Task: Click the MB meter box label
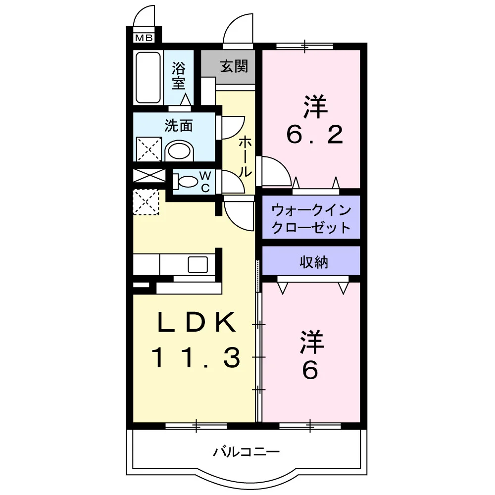pyautogui.click(x=144, y=38)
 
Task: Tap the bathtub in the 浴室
pyautogui.click(x=148, y=77)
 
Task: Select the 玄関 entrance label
pyautogui.click(x=234, y=66)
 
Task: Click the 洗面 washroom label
pyautogui.click(x=178, y=126)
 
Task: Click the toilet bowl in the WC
pyautogui.click(x=186, y=182)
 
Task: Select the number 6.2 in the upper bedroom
pyautogui.click(x=315, y=135)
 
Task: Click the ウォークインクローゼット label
pyautogui.click(x=311, y=218)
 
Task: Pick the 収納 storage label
pyautogui.click(x=314, y=262)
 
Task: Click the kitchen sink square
pyautogui.click(x=198, y=264)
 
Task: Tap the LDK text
pyautogui.click(x=196, y=322)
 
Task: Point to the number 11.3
pyautogui.click(x=196, y=358)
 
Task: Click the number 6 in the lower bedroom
pyautogui.click(x=310, y=370)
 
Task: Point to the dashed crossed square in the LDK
pyautogui.click(x=146, y=202)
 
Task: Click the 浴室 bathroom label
pyautogui.click(x=178, y=76)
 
